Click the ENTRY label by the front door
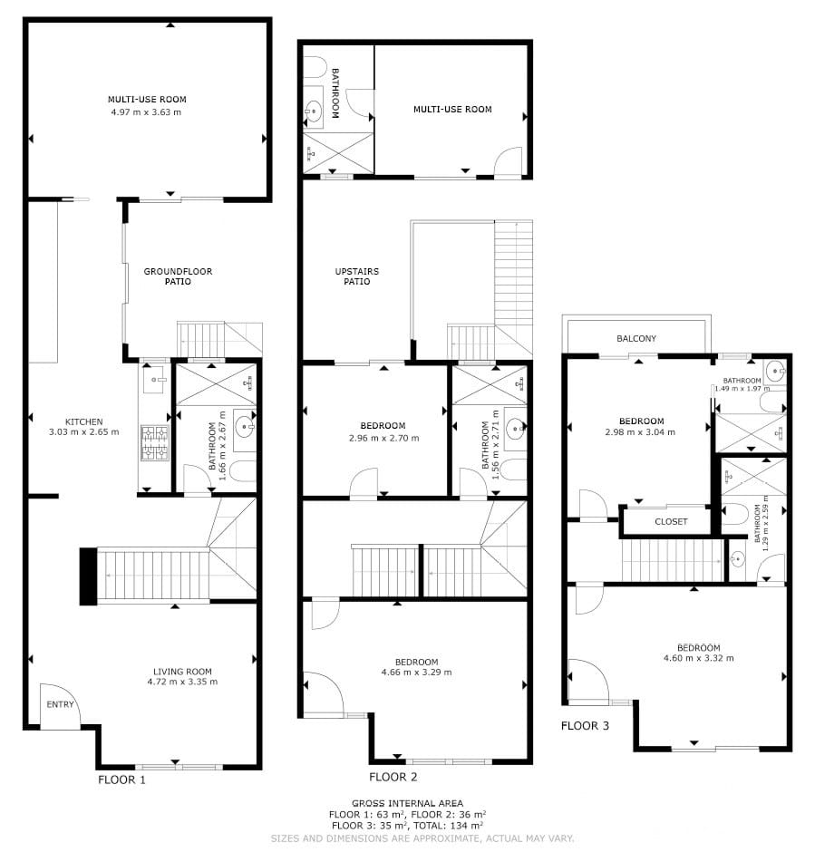pyautogui.click(x=60, y=704)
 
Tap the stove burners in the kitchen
pyautogui.click(x=154, y=441)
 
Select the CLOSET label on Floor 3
pyautogui.click(x=671, y=522)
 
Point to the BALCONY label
pyautogui.click(x=636, y=338)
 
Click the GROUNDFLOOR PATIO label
pyautogui.click(x=178, y=276)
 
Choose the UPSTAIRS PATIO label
pyautogui.click(x=357, y=276)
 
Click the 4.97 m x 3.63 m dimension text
pyautogui.click(x=146, y=112)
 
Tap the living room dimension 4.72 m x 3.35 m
pyautogui.click(x=182, y=682)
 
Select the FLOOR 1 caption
pyautogui.click(x=121, y=779)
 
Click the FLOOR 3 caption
pyautogui.click(x=585, y=725)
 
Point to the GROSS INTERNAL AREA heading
pyautogui.click(x=408, y=803)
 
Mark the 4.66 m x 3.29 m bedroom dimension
pyautogui.click(x=417, y=673)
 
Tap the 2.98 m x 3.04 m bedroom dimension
pyautogui.click(x=640, y=432)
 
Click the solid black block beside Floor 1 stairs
pyautogui.click(x=89, y=576)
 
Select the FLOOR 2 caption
pyautogui.click(x=393, y=777)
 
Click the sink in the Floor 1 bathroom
pyautogui.click(x=244, y=429)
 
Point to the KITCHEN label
pyautogui.click(x=83, y=421)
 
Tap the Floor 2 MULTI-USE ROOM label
pyautogui.click(x=452, y=109)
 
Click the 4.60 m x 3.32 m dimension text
pyautogui.click(x=699, y=658)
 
